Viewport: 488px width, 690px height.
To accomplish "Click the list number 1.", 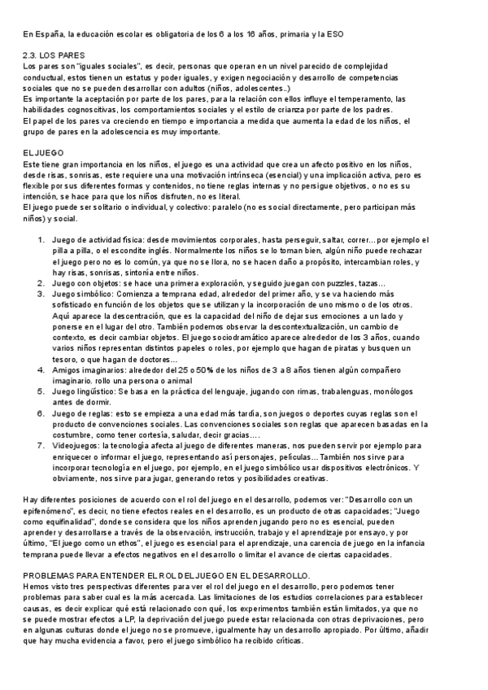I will click(41, 239).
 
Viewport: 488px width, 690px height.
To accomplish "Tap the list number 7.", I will click(41, 445).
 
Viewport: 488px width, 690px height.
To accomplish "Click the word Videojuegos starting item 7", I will click(75, 445).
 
